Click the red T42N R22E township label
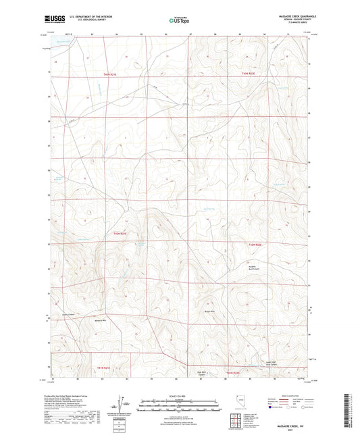[252, 244]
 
